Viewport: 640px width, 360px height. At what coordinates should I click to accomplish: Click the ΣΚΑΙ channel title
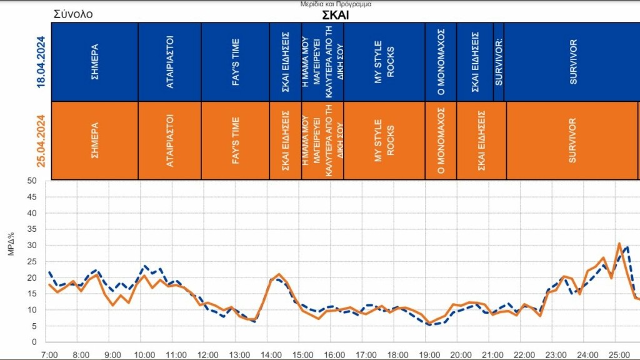click(335, 16)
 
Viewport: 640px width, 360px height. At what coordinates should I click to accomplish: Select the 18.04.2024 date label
click(41, 62)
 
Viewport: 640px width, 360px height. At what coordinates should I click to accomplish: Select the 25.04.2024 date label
click(41, 141)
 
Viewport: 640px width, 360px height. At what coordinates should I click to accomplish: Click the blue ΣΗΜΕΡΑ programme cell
click(94, 62)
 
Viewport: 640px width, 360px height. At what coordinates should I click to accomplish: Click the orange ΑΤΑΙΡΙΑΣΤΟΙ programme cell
click(170, 141)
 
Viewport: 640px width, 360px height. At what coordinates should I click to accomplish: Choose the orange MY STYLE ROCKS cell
click(384, 141)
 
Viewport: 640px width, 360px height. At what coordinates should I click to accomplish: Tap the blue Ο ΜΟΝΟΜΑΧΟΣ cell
click(441, 62)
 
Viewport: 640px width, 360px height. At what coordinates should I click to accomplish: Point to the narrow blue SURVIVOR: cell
click(498, 62)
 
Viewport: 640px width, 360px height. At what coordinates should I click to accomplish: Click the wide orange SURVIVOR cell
click(572, 141)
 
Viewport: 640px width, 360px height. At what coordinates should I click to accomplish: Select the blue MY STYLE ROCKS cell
click(384, 62)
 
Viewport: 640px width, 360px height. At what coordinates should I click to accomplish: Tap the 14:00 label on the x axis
click(271, 354)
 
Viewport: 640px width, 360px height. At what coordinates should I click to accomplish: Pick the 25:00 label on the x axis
click(619, 354)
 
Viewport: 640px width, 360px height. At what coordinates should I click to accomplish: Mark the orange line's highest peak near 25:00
click(619, 244)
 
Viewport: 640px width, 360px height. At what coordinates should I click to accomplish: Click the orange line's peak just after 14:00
click(279, 274)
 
